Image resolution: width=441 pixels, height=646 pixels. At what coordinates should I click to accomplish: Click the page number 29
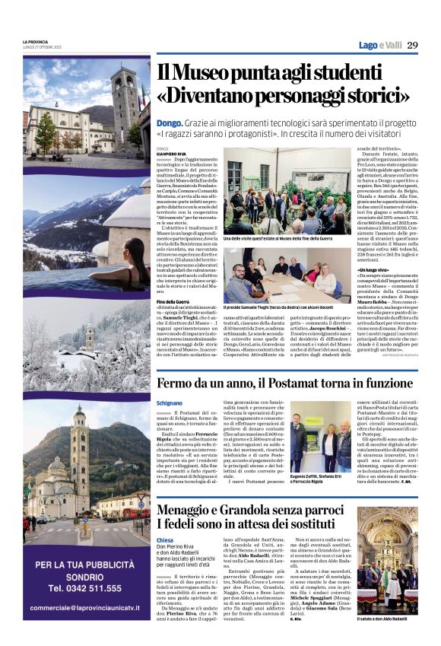pos(412,45)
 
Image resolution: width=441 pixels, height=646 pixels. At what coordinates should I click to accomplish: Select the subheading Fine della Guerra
pos(176,302)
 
